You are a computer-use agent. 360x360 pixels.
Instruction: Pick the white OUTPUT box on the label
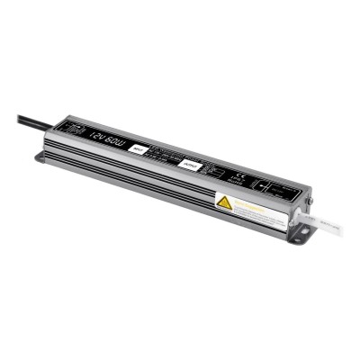pos(190,165)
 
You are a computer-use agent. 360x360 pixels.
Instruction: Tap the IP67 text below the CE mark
pos(238,181)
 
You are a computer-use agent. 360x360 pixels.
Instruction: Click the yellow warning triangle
pos(225,202)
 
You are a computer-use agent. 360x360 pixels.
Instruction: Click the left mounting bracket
pos(45,158)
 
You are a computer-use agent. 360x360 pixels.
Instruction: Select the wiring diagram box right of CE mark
pos(271,186)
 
